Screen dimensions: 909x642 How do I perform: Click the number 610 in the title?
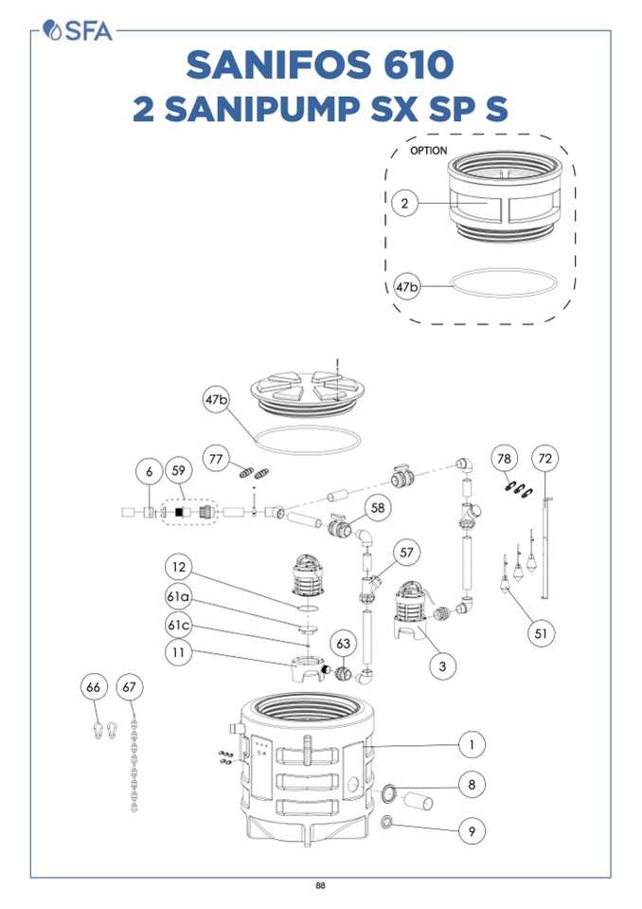[x=401, y=65]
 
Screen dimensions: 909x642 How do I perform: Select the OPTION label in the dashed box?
[x=429, y=151]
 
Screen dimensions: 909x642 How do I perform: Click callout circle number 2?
[x=405, y=204]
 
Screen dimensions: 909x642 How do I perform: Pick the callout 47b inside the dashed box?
[x=406, y=286]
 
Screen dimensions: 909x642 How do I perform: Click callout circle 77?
[x=217, y=460]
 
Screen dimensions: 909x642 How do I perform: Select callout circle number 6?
[x=148, y=470]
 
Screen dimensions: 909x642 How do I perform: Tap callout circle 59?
[x=177, y=470]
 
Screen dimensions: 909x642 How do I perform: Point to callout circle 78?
[x=506, y=459]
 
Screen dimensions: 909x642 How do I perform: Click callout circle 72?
[x=544, y=459]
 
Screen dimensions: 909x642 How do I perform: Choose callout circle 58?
[x=378, y=508]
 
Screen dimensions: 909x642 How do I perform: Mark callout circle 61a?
[x=178, y=597]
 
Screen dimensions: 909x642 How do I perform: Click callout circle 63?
[x=343, y=644]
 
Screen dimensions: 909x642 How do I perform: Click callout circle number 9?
[x=472, y=831]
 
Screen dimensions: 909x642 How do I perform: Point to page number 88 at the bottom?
[x=321, y=886]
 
